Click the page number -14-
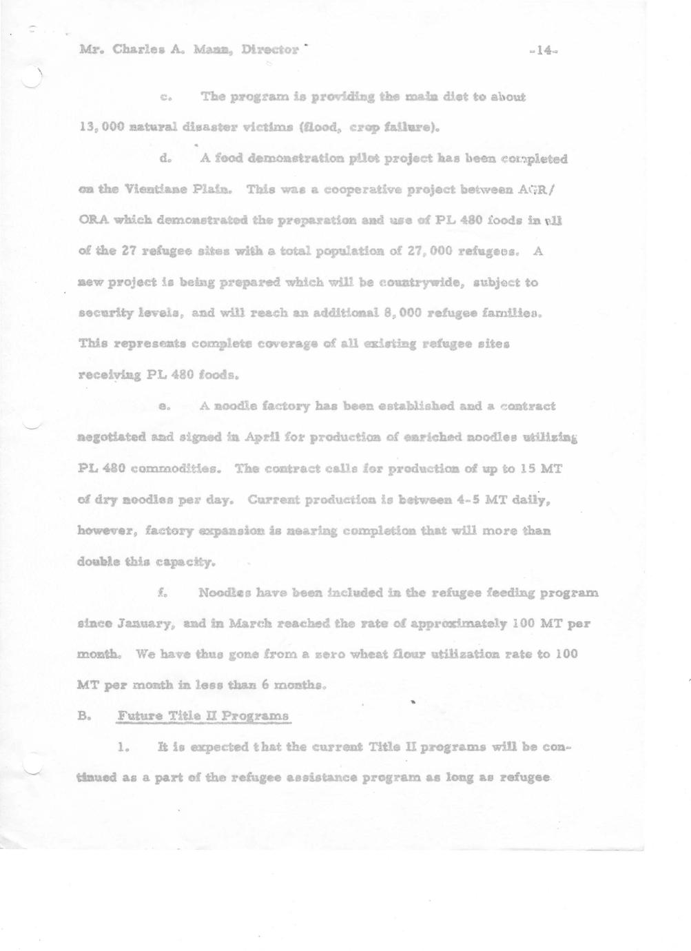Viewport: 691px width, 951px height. (x=544, y=50)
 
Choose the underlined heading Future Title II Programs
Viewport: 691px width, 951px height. (x=203, y=715)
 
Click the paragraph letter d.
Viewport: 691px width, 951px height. (x=165, y=158)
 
